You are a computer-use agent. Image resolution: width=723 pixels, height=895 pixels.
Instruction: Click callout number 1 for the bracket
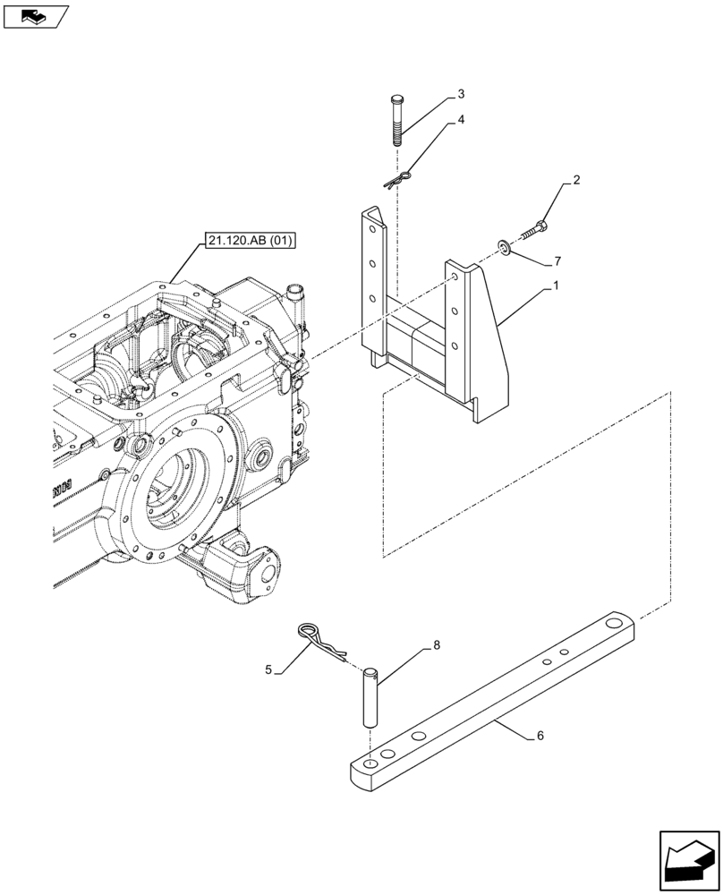pos(556,286)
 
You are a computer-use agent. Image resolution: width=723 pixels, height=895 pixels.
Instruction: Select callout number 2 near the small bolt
pos(576,181)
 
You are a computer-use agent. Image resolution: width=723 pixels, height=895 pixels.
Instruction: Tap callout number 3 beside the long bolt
pos(461,94)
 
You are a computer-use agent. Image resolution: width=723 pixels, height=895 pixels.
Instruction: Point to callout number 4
pos(461,119)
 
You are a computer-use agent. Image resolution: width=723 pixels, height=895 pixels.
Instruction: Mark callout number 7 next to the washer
pos(557,261)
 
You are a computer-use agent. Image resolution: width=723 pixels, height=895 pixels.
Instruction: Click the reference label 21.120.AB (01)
pos(250,240)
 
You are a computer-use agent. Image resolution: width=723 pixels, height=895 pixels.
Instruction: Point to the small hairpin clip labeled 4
pos(396,179)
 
